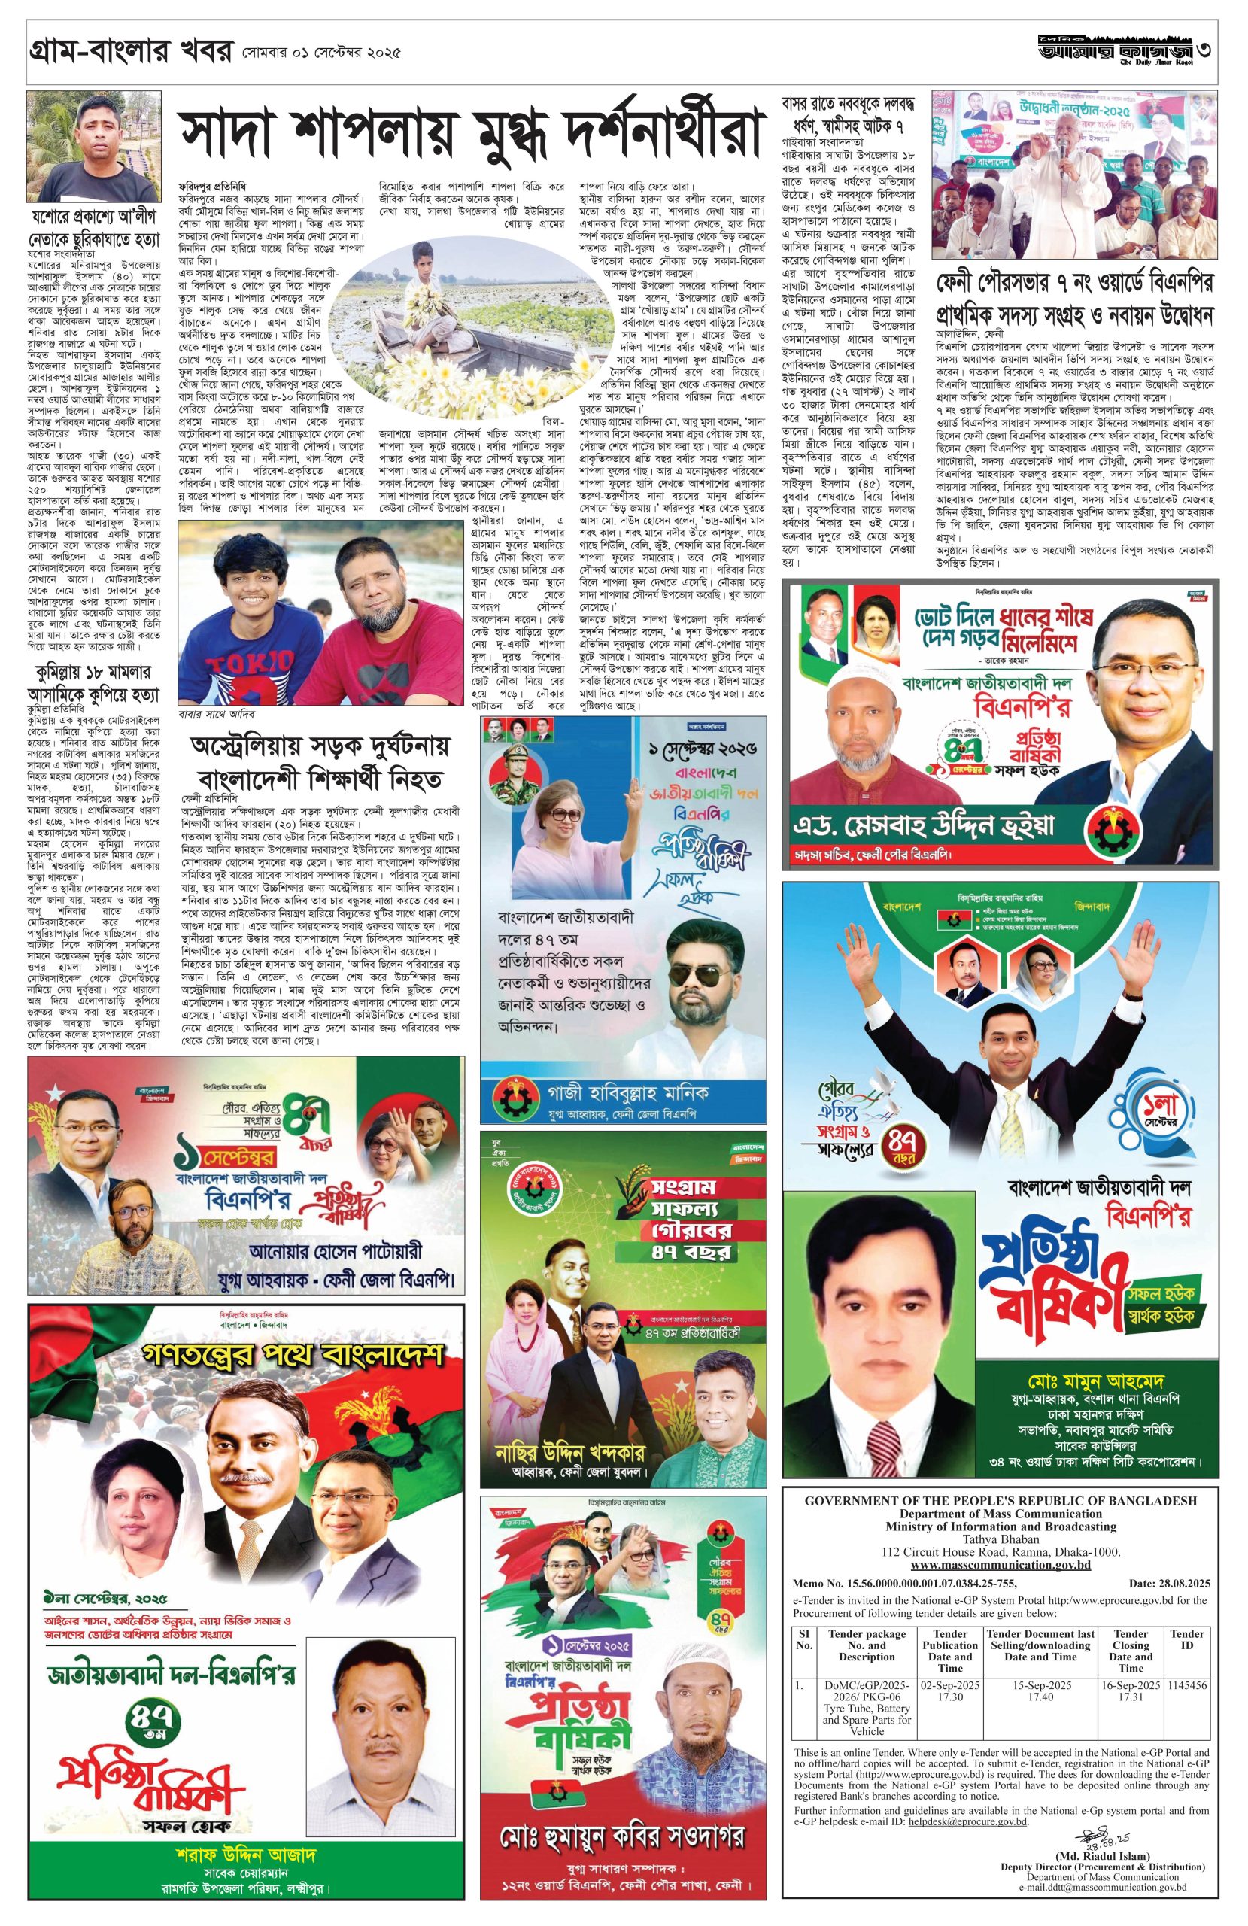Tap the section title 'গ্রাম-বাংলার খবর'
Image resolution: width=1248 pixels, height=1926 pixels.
(x=129, y=53)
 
